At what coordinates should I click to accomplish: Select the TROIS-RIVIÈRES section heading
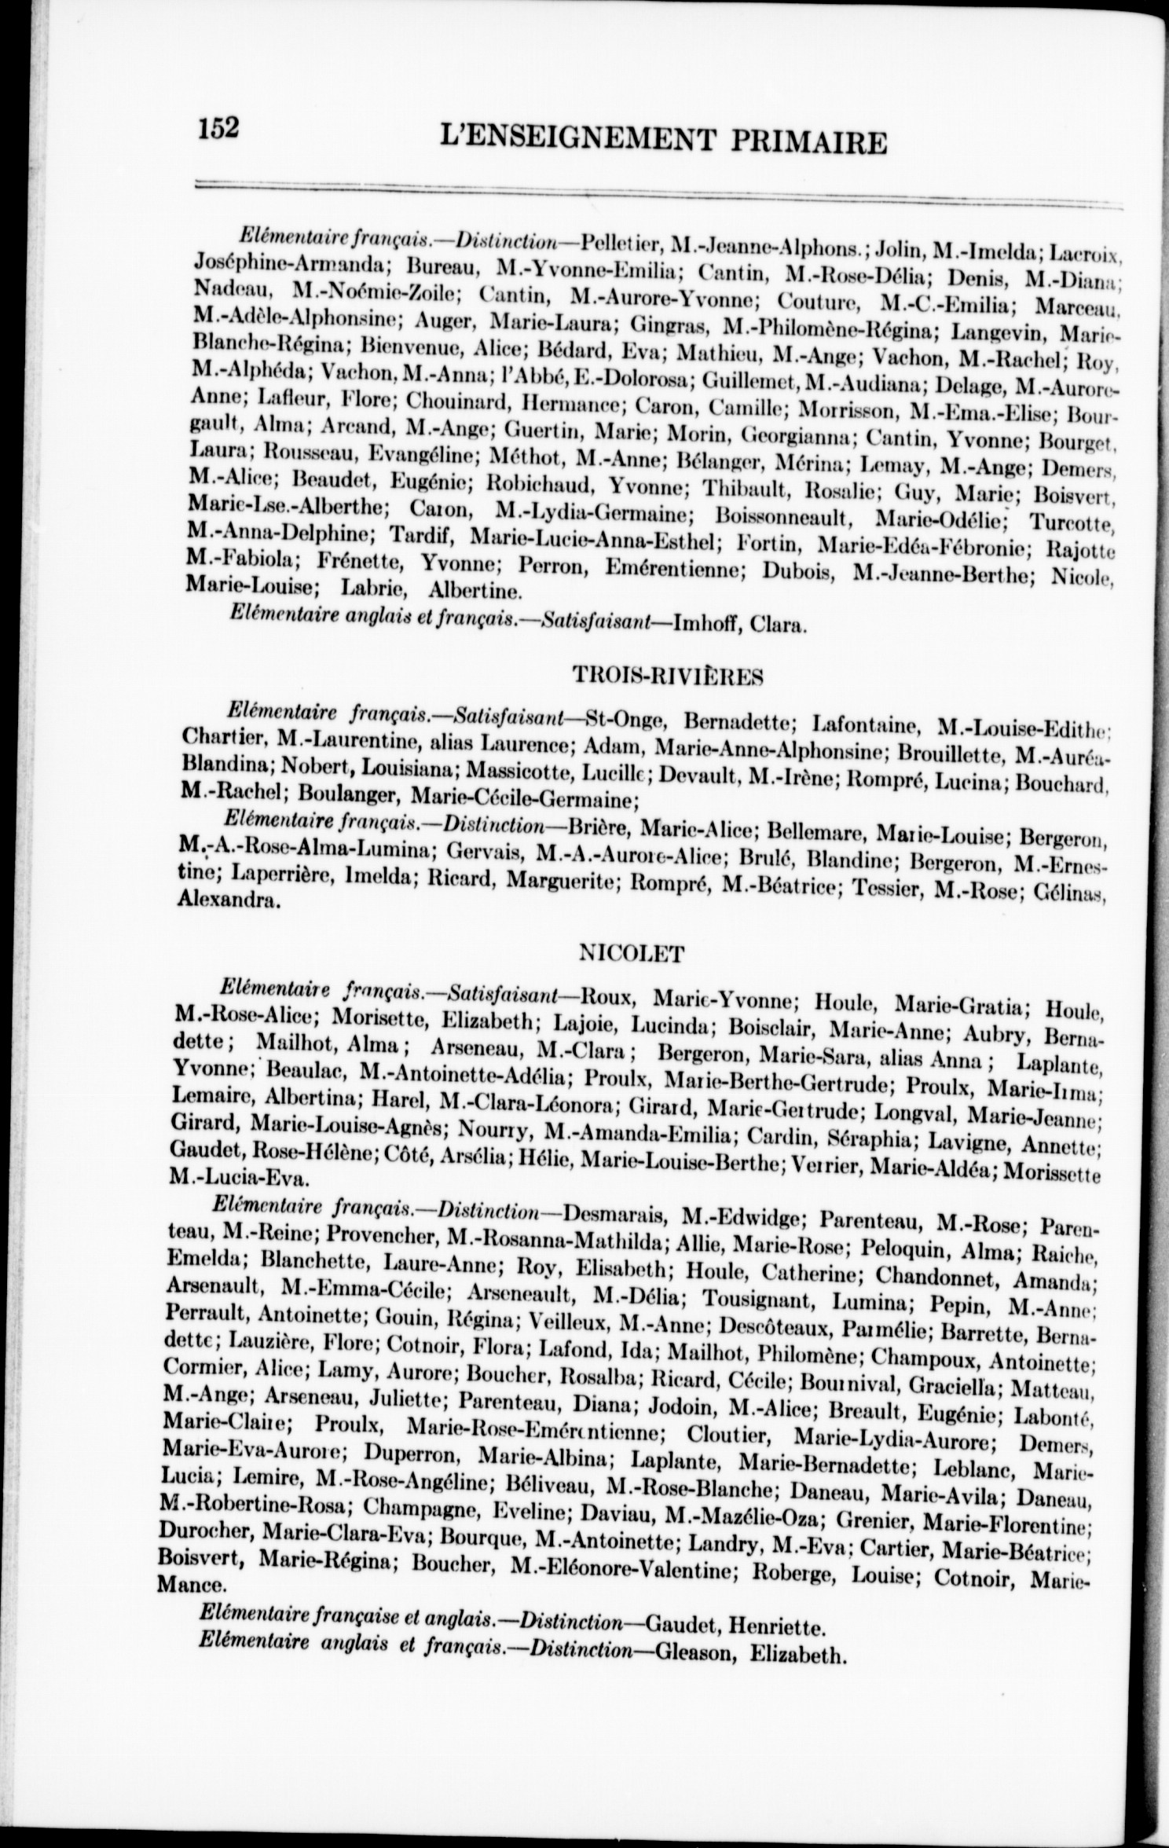pos(669,676)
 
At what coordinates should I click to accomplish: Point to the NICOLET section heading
pos(632,954)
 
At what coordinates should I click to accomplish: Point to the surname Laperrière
pos(251,879)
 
